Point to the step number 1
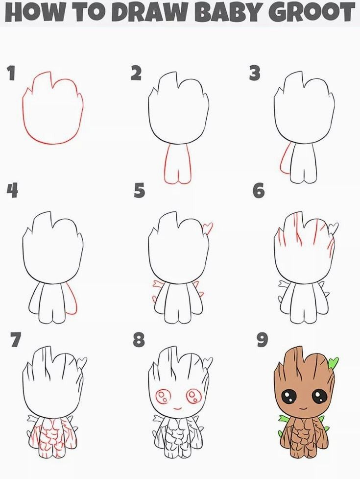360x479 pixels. pyautogui.click(x=11, y=74)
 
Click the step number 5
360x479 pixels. pyautogui.click(x=139, y=191)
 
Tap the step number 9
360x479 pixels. pyautogui.click(x=263, y=340)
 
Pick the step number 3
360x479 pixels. pyautogui.click(x=255, y=74)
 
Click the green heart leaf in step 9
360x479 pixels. pyautogui.click(x=333, y=362)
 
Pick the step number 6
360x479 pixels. pyautogui.click(x=259, y=191)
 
